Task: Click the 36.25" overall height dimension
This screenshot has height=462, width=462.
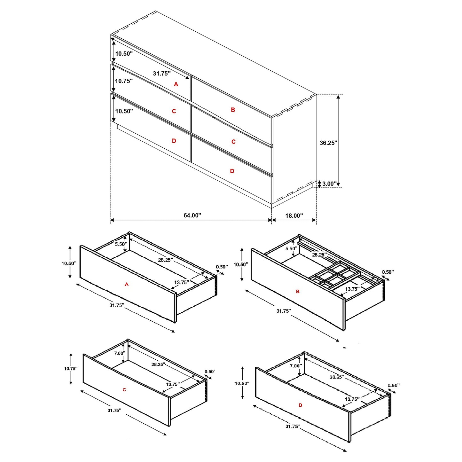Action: [x=328, y=143]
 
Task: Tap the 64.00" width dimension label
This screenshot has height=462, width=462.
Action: [x=192, y=215]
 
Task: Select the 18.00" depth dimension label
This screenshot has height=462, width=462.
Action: [x=294, y=216]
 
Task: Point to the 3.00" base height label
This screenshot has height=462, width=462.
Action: [x=329, y=184]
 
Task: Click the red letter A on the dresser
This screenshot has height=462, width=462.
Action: [x=176, y=84]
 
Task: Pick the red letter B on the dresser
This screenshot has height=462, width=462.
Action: [x=233, y=110]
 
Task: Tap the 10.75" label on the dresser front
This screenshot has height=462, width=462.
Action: [x=124, y=81]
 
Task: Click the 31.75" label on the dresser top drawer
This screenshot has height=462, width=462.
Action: [x=161, y=74]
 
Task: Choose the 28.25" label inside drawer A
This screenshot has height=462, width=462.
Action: [x=166, y=260]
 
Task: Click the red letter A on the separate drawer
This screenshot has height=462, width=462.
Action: [x=127, y=284]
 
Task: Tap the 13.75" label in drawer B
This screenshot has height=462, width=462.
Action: [x=352, y=289]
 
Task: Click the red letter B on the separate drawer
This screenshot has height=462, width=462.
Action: [x=298, y=292]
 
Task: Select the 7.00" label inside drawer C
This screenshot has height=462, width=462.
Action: [x=120, y=353]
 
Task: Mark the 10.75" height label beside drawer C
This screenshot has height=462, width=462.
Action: [x=71, y=369]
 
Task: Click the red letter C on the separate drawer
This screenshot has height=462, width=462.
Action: [x=124, y=390]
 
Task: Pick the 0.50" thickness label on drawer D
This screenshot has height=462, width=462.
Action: [x=394, y=386]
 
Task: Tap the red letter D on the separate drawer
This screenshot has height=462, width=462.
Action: [x=301, y=405]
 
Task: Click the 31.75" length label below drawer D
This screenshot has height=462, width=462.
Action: [x=293, y=427]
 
